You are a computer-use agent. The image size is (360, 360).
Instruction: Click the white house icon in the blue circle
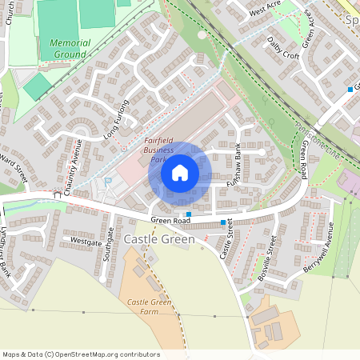coord(180,173)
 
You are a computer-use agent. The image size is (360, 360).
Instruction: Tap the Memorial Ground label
coord(70,49)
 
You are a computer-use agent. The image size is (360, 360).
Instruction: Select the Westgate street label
coord(86,240)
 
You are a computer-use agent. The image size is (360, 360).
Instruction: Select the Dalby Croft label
coord(283,48)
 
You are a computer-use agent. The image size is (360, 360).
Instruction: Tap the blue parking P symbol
coord(109,182)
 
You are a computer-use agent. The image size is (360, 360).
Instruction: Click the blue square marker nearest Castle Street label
coord(222,222)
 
